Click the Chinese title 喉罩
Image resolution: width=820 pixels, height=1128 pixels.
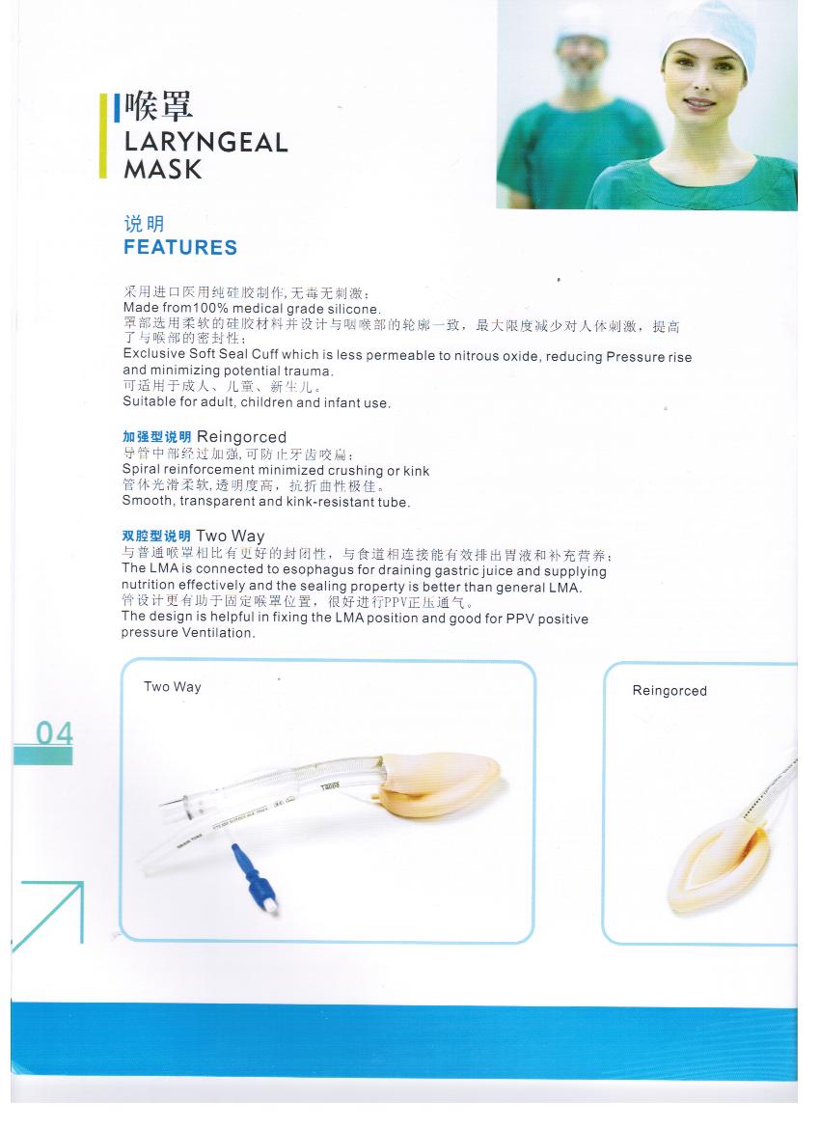coord(158,106)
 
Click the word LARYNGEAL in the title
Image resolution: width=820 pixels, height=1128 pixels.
coord(205,142)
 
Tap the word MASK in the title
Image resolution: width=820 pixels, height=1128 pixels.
coord(163,169)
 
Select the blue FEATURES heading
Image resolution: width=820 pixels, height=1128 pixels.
coord(179,247)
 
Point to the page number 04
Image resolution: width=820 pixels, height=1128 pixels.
coord(54,733)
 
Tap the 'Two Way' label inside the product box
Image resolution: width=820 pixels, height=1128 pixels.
coord(173,686)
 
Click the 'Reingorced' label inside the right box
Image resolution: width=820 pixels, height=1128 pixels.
coord(670,691)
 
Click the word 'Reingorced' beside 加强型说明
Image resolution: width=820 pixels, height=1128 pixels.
coord(242,437)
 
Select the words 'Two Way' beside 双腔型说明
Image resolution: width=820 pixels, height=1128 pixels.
coord(231,536)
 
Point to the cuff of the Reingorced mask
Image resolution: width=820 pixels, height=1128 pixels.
coord(720,870)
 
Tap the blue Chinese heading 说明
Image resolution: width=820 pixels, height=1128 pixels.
coord(144,224)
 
